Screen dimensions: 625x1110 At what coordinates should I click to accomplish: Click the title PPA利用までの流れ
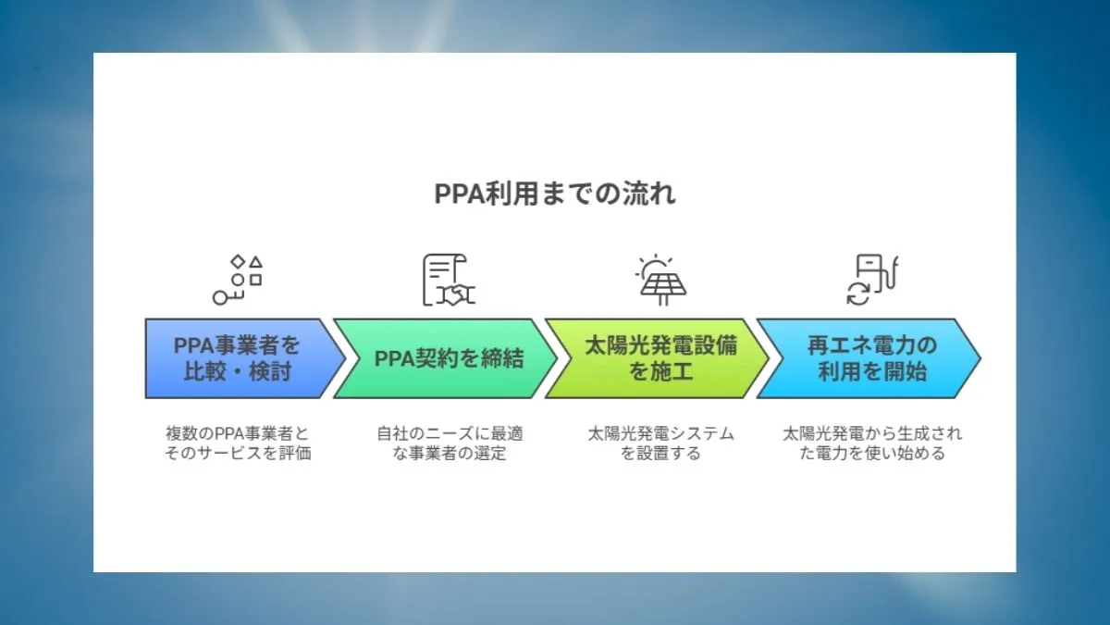555,194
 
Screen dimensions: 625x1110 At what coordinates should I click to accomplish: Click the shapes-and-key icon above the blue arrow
238,281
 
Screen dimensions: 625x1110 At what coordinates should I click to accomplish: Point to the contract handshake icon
449,281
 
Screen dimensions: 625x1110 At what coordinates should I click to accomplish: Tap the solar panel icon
660,281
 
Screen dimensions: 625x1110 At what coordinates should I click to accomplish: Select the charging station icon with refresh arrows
872,281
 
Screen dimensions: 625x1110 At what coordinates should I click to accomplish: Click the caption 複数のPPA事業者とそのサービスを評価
238,444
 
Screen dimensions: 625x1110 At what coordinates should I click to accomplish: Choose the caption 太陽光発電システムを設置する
660,444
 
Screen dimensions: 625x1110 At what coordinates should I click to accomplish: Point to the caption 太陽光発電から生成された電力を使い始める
871,444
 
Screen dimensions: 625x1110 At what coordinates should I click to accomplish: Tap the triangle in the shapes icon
256,263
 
